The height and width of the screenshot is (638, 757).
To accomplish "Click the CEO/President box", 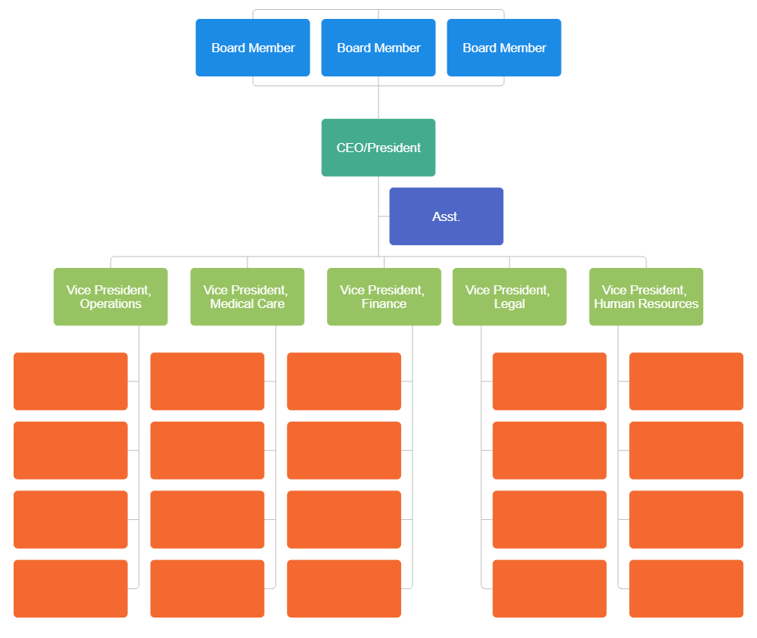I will coord(378,148).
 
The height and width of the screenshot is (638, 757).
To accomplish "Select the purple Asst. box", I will coord(446,216).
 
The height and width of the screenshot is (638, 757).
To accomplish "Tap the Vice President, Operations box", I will coord(111,297).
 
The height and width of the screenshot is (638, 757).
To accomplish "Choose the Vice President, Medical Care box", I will coord(248,297).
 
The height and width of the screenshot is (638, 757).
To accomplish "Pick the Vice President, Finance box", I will coord(384,297).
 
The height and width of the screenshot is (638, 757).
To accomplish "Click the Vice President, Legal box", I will coord(509,297).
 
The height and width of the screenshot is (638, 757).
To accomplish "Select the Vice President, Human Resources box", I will coord(646,297).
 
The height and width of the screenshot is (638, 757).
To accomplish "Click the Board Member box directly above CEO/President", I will coord(378,48).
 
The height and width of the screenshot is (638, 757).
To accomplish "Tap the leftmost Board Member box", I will coord(253,48).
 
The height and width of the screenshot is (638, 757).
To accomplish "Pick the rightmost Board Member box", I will coord(504,48).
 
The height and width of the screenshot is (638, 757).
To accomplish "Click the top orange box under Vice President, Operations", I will coord(70,381).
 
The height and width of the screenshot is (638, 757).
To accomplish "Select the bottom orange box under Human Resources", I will coord(686,588).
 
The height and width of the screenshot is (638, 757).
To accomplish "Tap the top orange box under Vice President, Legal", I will coord(550,381).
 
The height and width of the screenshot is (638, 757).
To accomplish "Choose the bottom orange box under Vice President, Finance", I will coord(344,588).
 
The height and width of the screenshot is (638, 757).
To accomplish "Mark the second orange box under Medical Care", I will coord(207,450).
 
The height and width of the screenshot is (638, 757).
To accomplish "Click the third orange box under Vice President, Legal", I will coord(550,519).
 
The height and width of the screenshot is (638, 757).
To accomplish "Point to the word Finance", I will coord(384,304).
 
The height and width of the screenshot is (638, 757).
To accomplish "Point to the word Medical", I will coord(231,304).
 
